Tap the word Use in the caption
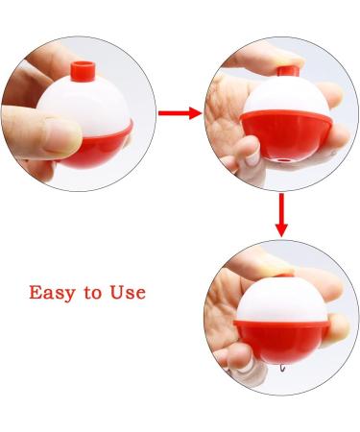point(128,292)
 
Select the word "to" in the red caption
point(96,293)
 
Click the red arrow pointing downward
point(281,214)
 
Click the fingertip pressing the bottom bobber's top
point(274,259)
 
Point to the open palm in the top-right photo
point(230,115)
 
